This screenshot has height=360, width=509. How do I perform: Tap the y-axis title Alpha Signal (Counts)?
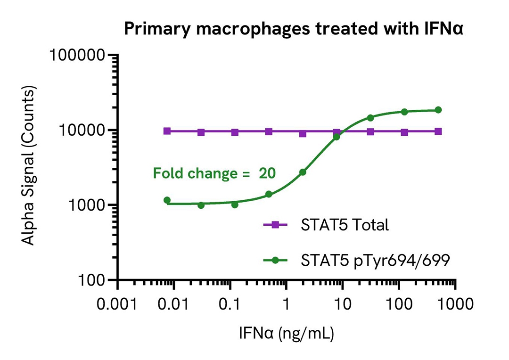(29, 167)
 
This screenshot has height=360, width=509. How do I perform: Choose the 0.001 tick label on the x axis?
(118, 303)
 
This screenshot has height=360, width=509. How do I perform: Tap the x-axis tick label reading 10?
(342, 303)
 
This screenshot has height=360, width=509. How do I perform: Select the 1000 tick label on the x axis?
(453, 303)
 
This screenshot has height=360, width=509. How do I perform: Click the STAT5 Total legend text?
(345, 225)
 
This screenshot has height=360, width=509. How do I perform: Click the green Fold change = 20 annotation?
(213, 173)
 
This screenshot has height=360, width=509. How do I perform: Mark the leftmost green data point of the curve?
(167, 200)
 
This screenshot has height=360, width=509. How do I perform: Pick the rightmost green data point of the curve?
(438, 110)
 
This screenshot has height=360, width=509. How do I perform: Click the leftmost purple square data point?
(167, 131)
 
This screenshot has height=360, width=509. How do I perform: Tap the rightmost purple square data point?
(438, 131)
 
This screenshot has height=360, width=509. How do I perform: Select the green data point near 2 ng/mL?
(303, 172)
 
